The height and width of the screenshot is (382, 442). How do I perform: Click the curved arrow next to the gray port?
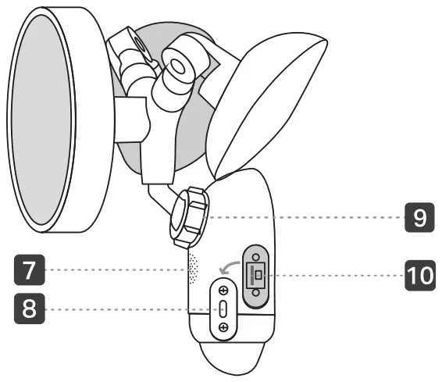point(228,268)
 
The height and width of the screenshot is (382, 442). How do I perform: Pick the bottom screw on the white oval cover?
point(224,328)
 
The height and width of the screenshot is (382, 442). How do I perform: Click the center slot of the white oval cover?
point(224,309)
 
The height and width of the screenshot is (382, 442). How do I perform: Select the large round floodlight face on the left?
point(55,121)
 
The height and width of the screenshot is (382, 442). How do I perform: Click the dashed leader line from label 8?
point(125,309)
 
